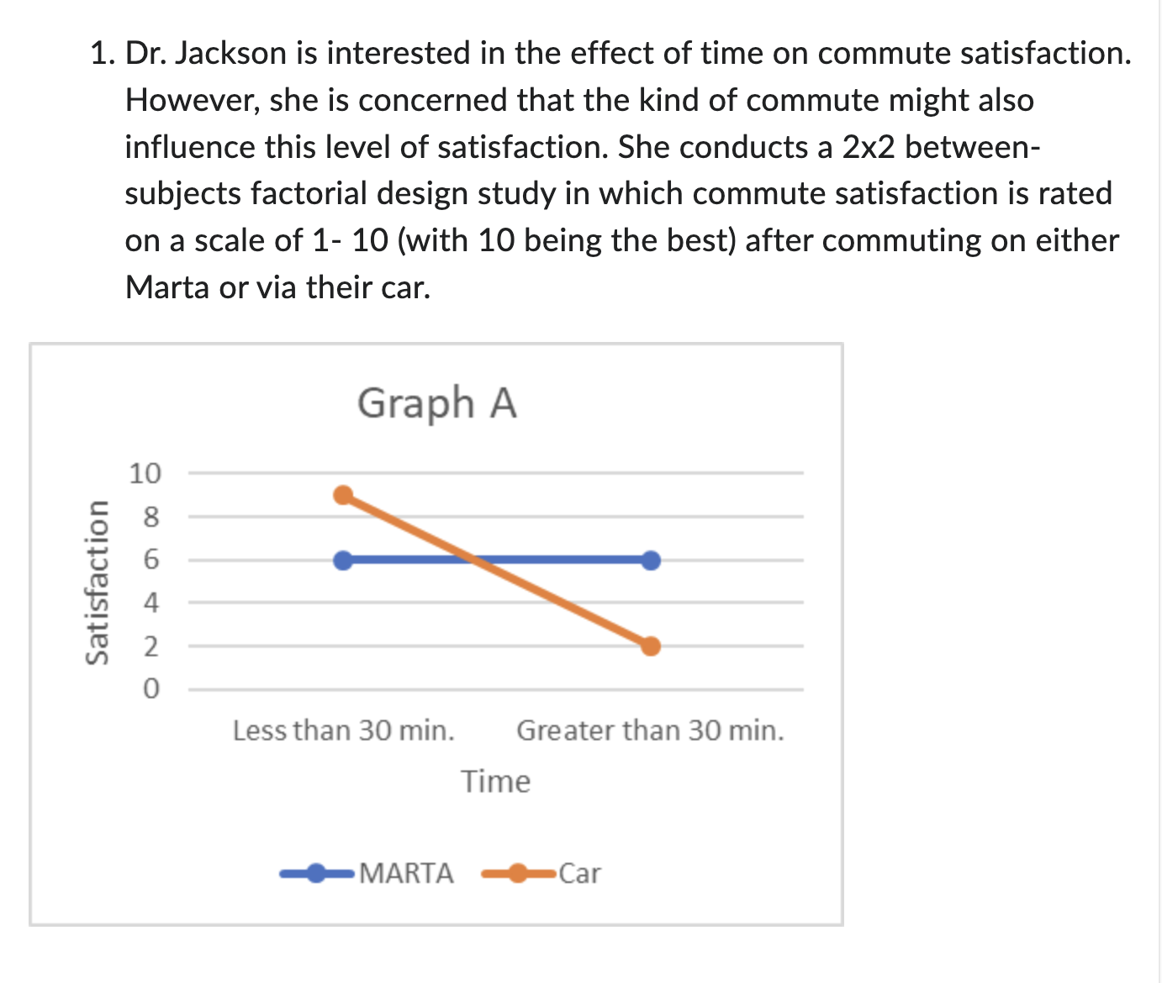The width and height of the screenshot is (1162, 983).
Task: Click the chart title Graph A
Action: coord(436,403)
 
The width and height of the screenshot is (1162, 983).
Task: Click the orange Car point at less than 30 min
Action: coord(343,495)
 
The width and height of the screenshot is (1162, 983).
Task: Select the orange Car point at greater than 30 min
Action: coord(651,646)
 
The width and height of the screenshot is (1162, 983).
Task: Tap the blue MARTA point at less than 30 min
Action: coord(343,560)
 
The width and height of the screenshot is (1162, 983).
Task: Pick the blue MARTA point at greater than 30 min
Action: coord(651,560)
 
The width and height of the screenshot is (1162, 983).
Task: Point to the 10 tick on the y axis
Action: coord(144,474)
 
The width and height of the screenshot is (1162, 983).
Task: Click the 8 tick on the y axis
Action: coord(151,517)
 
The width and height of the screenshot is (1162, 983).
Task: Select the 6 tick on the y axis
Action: coord(151,560)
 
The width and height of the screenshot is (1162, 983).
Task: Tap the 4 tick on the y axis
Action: coord(151,603)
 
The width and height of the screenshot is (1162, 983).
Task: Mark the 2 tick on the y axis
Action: coord(151,647)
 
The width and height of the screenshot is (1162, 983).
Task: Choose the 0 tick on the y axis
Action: coord(151,690)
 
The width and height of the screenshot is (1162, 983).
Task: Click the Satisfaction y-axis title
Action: coord(98,582)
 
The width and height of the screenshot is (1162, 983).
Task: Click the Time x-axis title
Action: coord(495,782)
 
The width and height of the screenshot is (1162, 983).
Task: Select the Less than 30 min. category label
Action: coord(343,731)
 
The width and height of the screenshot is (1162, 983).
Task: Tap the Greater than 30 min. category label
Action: coord(650,731)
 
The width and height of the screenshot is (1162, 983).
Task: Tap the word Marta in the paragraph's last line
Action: coord(167,287)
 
